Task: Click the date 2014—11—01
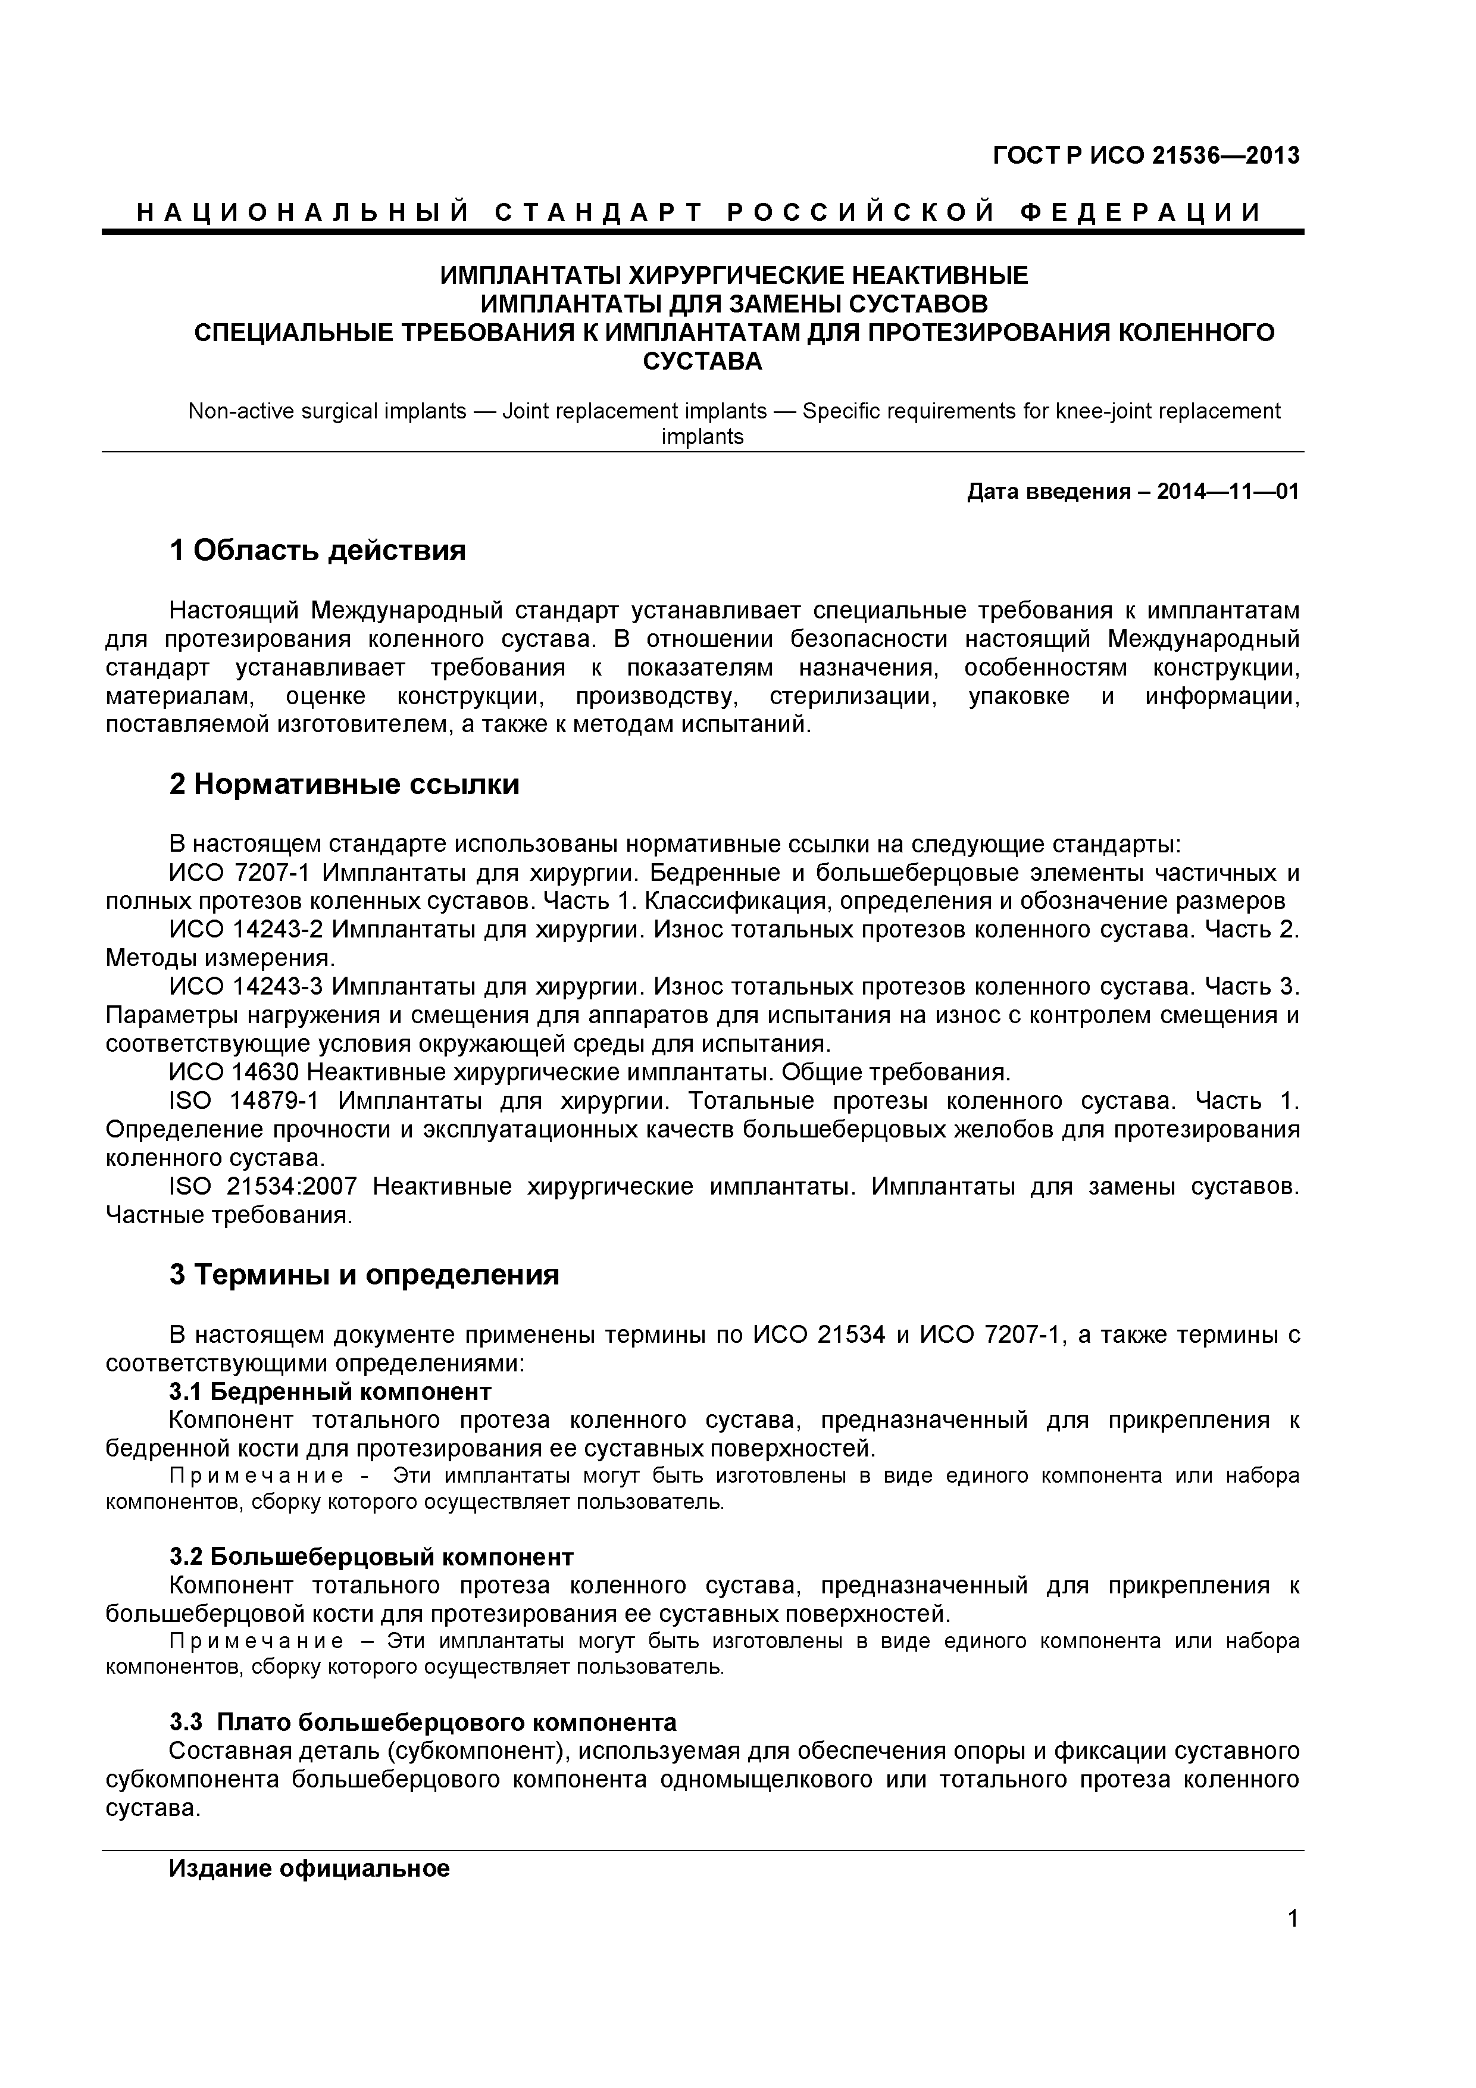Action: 1228,493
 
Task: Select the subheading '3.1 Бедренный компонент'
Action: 330,1392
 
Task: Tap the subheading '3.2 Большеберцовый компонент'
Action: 371,1557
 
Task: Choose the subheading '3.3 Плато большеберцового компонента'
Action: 423,1723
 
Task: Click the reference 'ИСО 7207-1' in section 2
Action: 240,873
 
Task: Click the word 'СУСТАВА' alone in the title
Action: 702,362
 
